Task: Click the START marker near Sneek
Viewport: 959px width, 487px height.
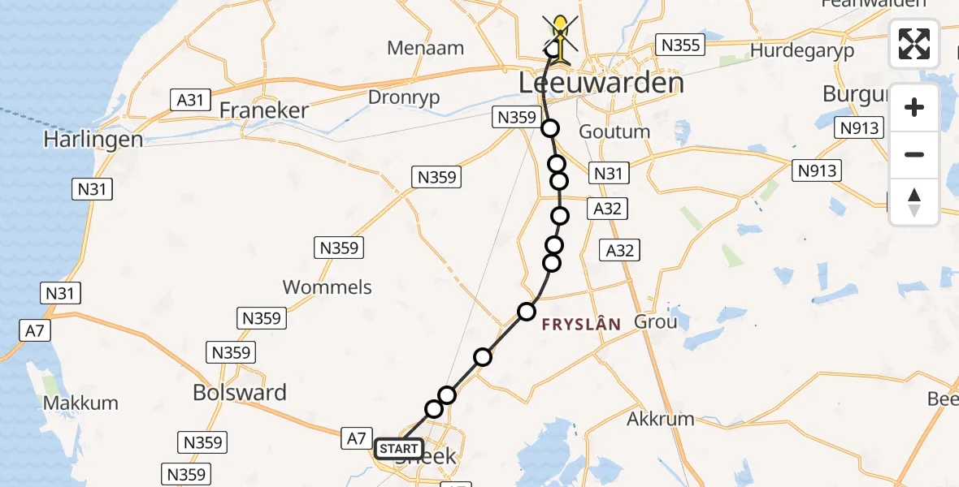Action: click(398, 449)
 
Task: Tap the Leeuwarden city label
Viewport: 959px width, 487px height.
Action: click(601, 83)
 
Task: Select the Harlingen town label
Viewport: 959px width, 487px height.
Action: click(93, 140)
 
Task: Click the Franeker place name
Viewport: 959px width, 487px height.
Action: click(264, 110)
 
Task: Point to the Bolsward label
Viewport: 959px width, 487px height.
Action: click(240, 393)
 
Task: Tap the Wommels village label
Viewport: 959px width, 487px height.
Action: click(327, 287)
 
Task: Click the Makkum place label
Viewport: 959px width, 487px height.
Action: click(80, 403)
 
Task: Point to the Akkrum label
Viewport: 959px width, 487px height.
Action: click(661, 419)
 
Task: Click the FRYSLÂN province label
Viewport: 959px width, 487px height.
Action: click(581, 324)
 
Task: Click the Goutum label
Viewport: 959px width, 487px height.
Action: click(614, 131)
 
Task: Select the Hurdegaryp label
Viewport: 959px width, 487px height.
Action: click(802, 50)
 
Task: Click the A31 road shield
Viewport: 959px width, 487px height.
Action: click(189, 100)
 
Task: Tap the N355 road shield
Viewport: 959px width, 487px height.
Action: click(680, 45)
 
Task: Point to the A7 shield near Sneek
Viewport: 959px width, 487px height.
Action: click(357, 438)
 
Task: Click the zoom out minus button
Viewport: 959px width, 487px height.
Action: click(914, 155)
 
